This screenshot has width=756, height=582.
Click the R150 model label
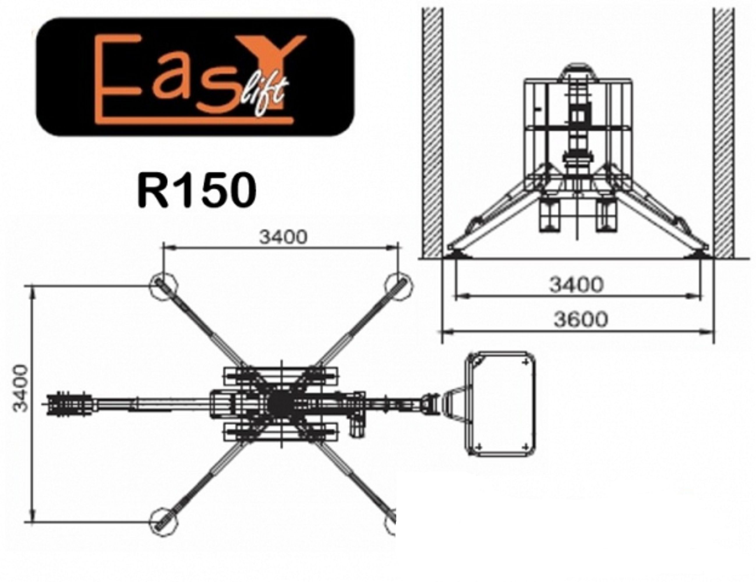[197, 190]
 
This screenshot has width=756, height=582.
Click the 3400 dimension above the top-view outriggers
[283, 237]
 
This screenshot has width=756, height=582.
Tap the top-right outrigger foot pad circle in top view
[399, 285]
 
